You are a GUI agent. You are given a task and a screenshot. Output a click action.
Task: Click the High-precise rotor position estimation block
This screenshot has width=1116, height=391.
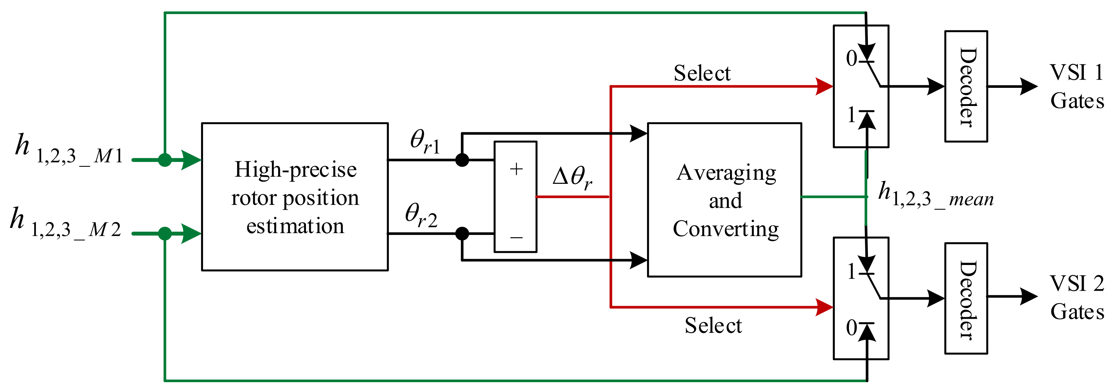point(294,197)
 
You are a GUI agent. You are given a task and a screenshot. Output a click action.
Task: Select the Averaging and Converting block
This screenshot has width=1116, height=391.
point(724,200)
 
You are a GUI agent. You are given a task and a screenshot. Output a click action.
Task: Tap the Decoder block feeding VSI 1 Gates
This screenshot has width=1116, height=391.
point(966,86)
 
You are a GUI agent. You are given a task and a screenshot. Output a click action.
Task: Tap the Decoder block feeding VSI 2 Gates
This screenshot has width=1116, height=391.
point(966,298)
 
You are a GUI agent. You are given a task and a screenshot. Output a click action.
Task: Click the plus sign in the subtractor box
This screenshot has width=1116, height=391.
point(516,169)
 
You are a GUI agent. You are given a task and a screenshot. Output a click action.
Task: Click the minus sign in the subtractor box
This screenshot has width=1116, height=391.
point(516,238)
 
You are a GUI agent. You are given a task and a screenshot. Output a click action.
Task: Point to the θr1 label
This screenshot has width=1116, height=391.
point(424,141)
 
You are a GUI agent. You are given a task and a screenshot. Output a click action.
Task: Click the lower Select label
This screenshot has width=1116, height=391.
point(713,325)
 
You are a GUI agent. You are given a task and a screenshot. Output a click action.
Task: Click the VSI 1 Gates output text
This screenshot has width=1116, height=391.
point(1077,87)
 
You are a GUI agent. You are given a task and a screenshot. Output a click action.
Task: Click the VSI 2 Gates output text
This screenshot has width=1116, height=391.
point(1077,298)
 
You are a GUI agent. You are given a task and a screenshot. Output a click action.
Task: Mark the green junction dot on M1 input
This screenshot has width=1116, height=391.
point(164,160)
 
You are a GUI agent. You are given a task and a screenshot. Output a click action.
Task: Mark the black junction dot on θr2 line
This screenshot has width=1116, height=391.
point(462,233)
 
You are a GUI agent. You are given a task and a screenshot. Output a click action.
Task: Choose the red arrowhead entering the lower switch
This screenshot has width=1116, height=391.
point(824,307)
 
